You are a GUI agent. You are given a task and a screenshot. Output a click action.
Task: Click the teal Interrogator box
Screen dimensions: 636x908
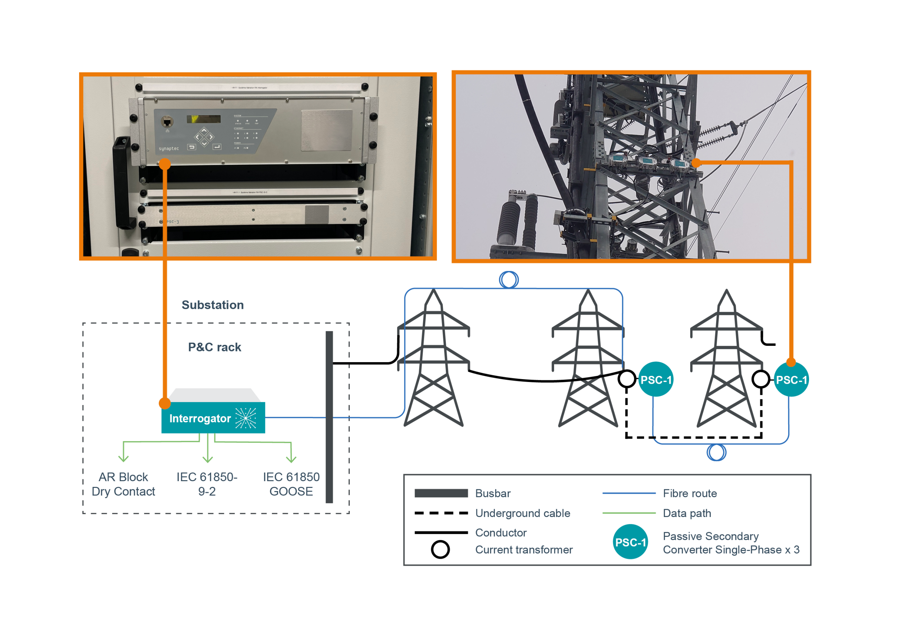pos(213,418)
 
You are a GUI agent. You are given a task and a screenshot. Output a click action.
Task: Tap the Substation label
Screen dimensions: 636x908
pos(212,305)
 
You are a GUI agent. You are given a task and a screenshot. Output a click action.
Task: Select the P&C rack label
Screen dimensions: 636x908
pos(214,347)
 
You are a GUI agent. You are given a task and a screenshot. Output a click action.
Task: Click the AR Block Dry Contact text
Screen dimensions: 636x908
pos(123,484)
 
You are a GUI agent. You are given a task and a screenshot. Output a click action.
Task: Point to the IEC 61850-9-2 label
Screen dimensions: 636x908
pos(207,484)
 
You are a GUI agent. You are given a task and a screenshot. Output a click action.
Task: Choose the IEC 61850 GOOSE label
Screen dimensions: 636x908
pos(292,484)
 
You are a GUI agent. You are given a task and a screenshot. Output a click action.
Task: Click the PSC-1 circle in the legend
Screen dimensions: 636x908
pos(630,542)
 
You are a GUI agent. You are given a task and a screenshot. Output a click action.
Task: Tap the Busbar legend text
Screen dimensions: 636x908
pos(493,494)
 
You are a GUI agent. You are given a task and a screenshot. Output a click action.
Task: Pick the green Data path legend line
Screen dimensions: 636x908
pos(629,513)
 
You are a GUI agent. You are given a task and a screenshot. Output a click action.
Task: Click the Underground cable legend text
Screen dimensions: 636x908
pos(522,513)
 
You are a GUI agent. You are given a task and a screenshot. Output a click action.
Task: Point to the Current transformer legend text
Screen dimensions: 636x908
pos(524,550)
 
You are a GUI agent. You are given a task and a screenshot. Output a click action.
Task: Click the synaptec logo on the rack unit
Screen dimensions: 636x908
pos(169,149)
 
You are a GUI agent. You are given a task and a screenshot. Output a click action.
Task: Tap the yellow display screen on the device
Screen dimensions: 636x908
pos(203,119)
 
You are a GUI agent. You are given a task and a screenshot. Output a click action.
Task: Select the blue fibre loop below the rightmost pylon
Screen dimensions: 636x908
pos(716,452)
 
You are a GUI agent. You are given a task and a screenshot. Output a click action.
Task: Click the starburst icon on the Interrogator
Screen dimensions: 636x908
pos(245,418)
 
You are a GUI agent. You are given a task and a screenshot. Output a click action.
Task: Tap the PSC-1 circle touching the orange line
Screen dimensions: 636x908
pos(791,379)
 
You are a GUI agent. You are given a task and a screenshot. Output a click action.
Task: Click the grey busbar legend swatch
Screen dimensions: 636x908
pos(441,494)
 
